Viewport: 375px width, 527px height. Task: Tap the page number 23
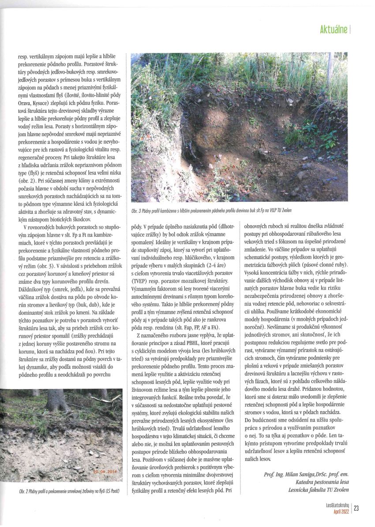pyautogui.click(x=356, y=508)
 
